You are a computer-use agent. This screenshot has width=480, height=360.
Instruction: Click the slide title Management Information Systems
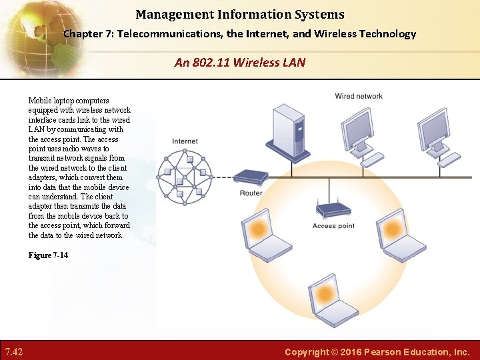point(240,14)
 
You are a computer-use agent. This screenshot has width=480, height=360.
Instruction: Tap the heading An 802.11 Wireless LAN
point(240,63)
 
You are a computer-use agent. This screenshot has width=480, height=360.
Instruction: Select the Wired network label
point(359,96)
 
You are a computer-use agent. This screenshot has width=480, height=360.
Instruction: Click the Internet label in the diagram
point(185,141)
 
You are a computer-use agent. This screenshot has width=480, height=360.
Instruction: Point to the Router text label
point(251,193)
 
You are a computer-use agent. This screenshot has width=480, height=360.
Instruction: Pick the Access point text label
point(333,226)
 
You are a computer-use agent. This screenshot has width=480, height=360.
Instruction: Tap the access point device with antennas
point(333,209)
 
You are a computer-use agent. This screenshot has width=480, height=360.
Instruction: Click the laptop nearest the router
point(257,234)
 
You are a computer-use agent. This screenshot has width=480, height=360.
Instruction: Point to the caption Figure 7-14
point(48,255)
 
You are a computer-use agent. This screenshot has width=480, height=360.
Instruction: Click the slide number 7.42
point(14,351)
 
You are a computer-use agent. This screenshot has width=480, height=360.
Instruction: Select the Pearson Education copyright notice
point(377,351)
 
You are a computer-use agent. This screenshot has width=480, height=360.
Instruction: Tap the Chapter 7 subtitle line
point(240,34)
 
